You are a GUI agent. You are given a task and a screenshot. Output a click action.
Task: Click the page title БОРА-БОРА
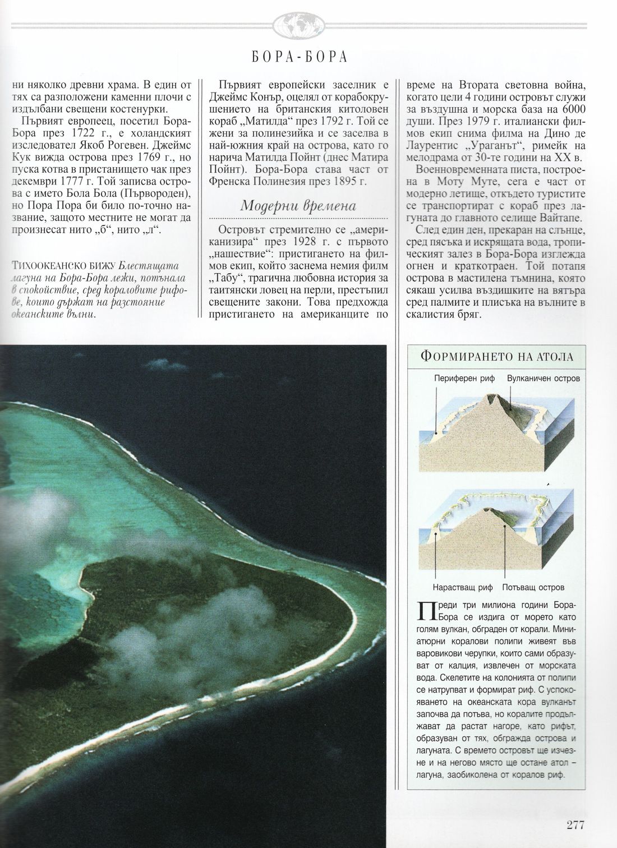pyautogui.click(x=298, y=57)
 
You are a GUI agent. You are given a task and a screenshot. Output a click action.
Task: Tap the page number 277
pyautogui.click(x=575, y=824)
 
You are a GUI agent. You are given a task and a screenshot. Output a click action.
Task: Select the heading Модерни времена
pyautogui.click(x=298, y=205)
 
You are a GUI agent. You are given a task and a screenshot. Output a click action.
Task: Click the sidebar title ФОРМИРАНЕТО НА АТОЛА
pyautogui.click(x=496, y=356)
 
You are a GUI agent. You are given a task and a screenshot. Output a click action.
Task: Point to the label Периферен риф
pyautogui.click(x=464, y=379)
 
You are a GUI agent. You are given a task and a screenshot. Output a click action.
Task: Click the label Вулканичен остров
pyautogui.click(x=543, y=379)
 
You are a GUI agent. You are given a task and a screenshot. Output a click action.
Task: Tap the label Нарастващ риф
pyautogui.click(x=462, y=587)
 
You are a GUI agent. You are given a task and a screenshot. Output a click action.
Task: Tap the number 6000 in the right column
pyautogui.click(x=571, y=109)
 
